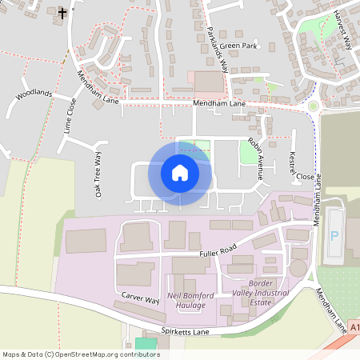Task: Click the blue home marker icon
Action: [x=180, y=173]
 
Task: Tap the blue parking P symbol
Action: [x=335, y=235]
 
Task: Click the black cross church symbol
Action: [x=63, y=14]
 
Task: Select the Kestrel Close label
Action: [x=295, y=165]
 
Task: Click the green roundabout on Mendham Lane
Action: [x=313, y=106]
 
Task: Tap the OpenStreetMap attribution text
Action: [x=81, y=354]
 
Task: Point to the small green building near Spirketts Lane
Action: [x=145, y=343]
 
